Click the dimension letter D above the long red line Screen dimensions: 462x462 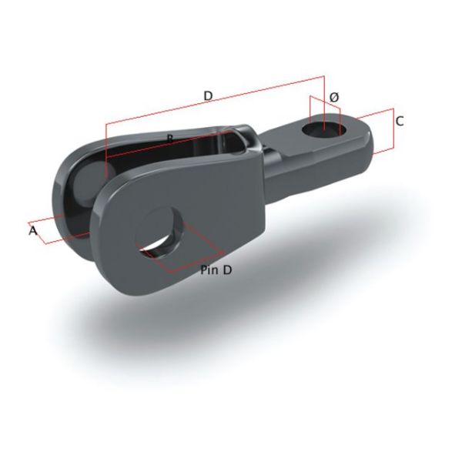[x=208, y=95]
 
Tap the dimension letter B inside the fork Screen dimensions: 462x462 [x=169, y=137]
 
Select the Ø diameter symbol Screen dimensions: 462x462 [x=333, y=97]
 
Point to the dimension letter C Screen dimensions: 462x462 [x=399, y=121]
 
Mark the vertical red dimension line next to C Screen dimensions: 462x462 [x=393, y=131]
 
